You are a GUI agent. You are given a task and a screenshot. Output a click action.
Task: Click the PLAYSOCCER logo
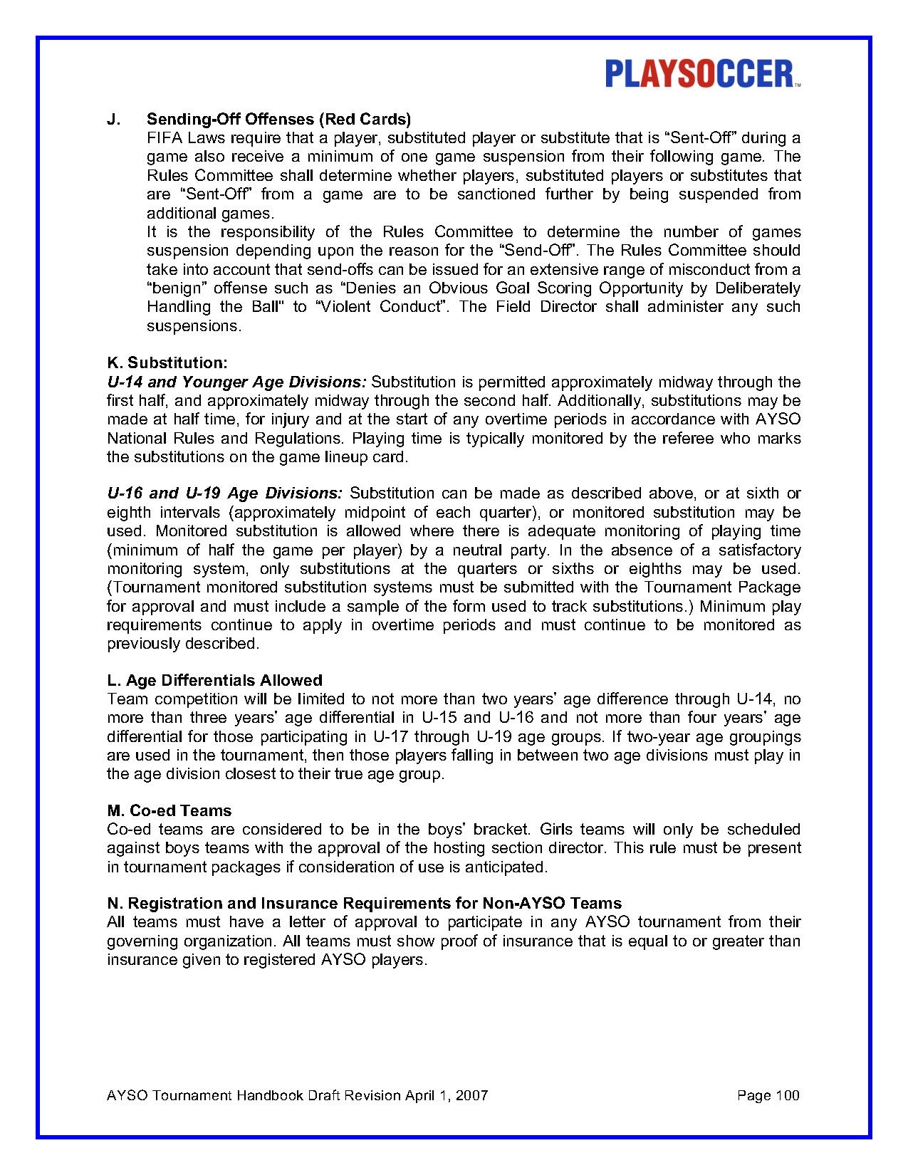[702, 74]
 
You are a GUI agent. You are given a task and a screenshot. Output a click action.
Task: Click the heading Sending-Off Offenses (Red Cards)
[278, 119]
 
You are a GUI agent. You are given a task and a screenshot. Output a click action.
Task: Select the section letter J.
[113, 119]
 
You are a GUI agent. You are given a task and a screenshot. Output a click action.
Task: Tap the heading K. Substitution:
[167, 363]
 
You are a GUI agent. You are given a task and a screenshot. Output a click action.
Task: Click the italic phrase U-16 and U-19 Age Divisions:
[224, 493]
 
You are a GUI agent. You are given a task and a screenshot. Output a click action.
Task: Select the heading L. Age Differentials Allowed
[214, 680]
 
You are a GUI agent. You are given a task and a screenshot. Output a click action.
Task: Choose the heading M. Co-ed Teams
[169, 810]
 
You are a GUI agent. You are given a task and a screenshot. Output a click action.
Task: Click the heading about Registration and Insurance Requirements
[364, 904]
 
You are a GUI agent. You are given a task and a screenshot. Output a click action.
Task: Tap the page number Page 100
[768, 1095]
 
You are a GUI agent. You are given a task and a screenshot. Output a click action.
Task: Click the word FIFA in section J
[164, 138]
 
